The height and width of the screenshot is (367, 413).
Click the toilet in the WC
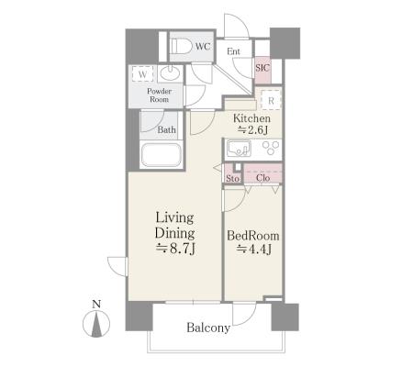180,47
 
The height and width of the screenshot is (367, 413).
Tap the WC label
203,47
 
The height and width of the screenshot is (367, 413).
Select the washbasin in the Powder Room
170,73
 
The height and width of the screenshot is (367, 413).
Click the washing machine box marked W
142,74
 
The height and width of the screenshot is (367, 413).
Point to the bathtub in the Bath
162,155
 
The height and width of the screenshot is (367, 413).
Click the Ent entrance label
233,51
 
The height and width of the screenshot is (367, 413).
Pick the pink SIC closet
262,70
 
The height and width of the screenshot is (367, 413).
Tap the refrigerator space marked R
271,100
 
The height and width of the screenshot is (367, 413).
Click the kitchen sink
239,149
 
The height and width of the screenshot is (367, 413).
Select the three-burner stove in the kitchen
271,148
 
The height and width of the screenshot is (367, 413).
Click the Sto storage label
232,178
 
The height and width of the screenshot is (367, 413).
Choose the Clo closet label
263,178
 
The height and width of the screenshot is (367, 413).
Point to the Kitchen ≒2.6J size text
251,124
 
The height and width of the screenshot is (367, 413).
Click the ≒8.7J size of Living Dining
175,249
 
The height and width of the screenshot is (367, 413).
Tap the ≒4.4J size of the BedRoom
253,250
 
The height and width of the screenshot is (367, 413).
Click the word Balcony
208,328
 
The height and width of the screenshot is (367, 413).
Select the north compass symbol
96,324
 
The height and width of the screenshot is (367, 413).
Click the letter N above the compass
96,304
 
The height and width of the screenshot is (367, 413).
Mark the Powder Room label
159,95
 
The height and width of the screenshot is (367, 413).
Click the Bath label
167,130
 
